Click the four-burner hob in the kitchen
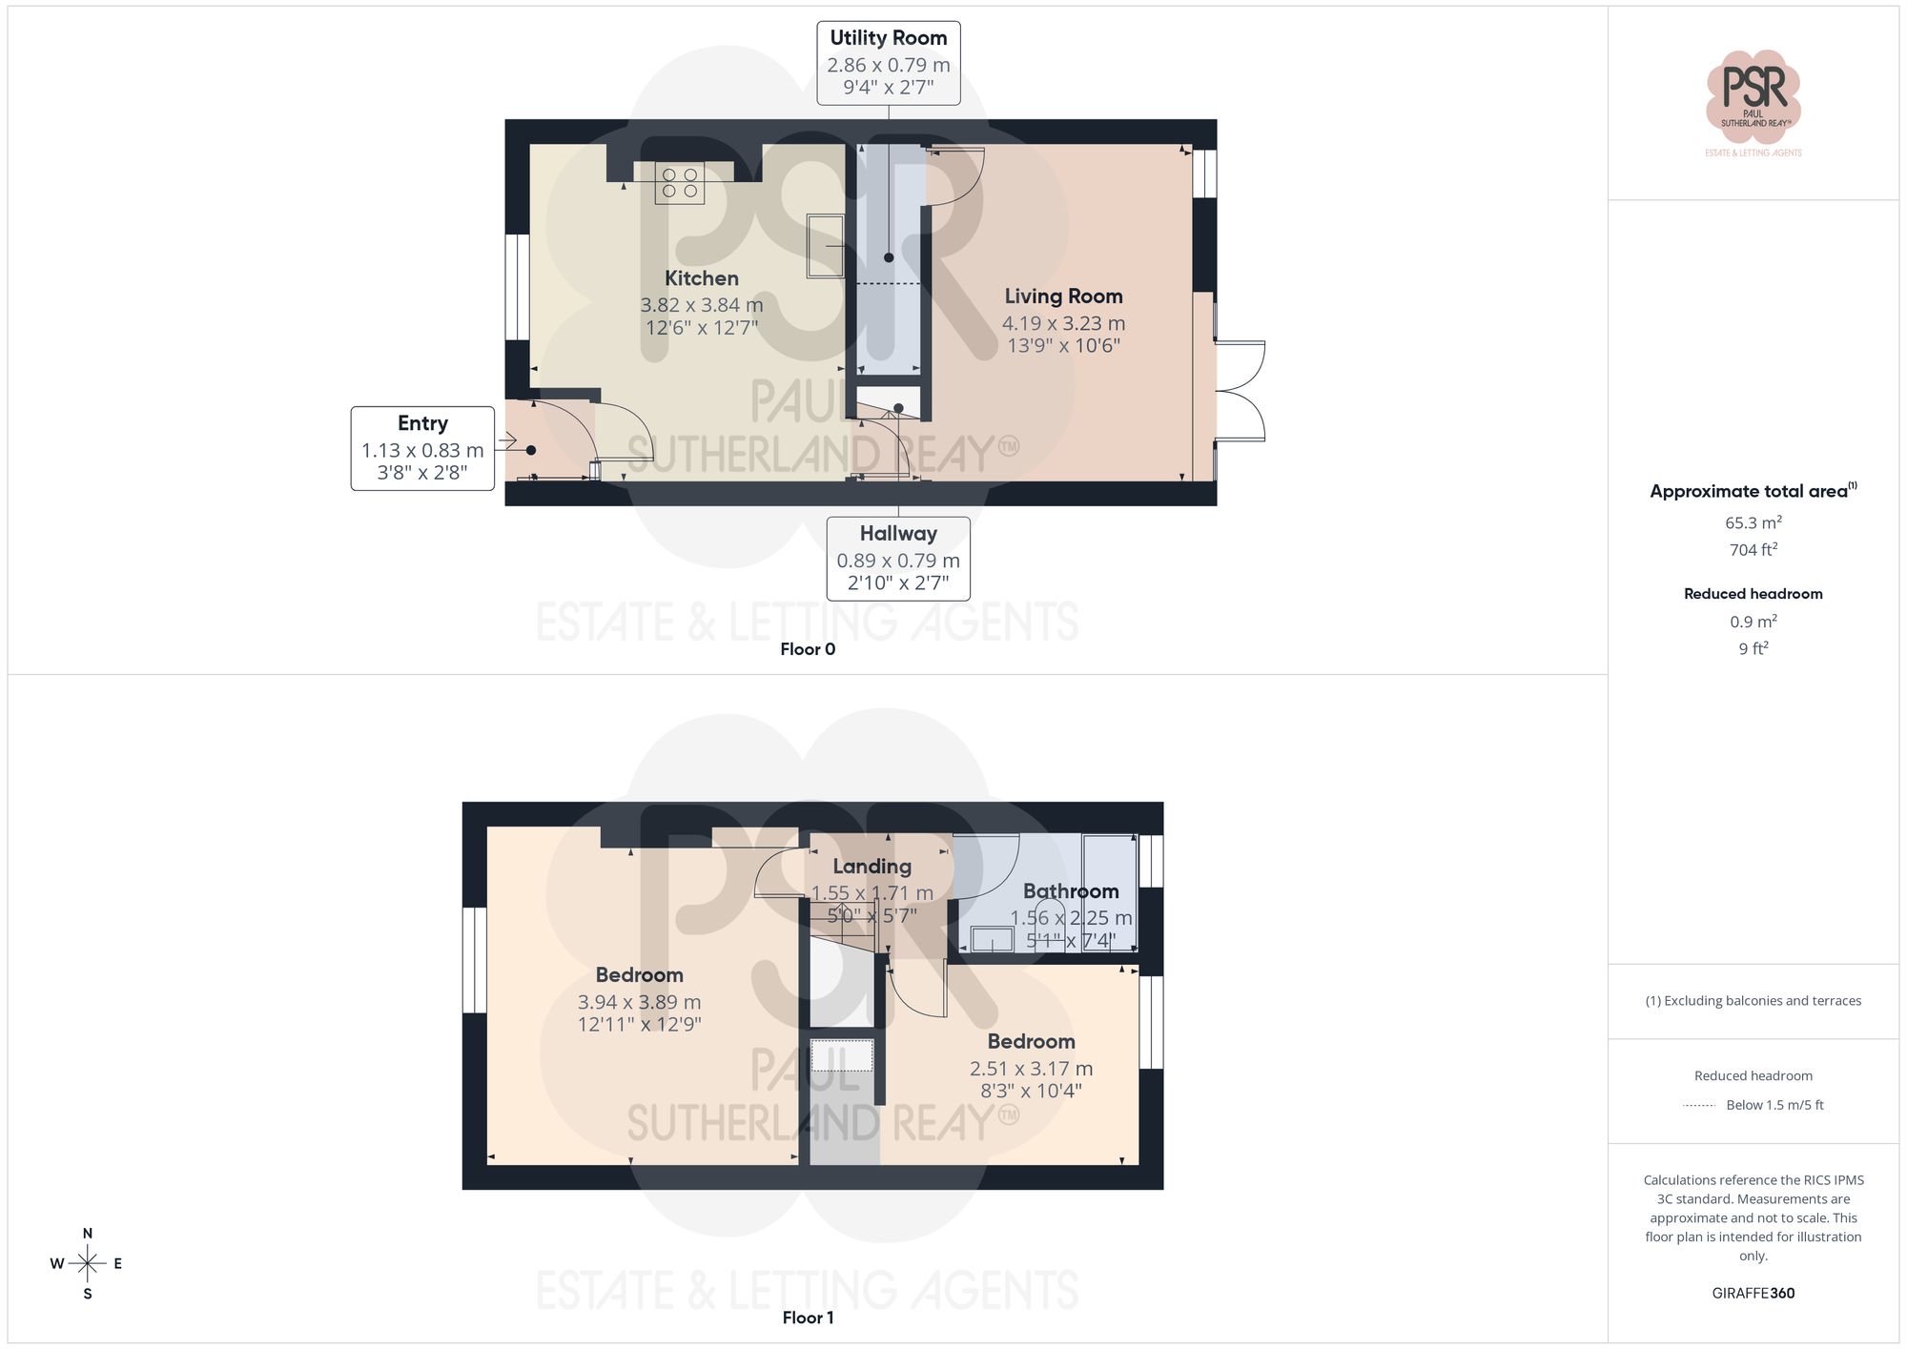point(679,183)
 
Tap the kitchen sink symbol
point(825,246)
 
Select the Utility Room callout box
point(888,63)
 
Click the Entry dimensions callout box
point(422,448)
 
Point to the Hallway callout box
point(897,559)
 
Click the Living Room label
point(1063,296)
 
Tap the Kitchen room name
point(701,278)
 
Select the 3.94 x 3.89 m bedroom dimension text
point(639,1002)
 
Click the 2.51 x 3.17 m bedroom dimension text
point(1031,1069)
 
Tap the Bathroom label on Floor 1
point(1070,891)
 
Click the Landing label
point(871,867)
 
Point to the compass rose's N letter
point(88,1234)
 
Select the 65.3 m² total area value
point(1753,522)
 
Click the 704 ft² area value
point(1753,550)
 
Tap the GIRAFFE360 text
point(1753,1294)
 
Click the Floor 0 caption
point(808,649)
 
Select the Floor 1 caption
point(808,1318)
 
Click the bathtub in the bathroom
point(1110,891)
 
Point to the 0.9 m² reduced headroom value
point(1753,622)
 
